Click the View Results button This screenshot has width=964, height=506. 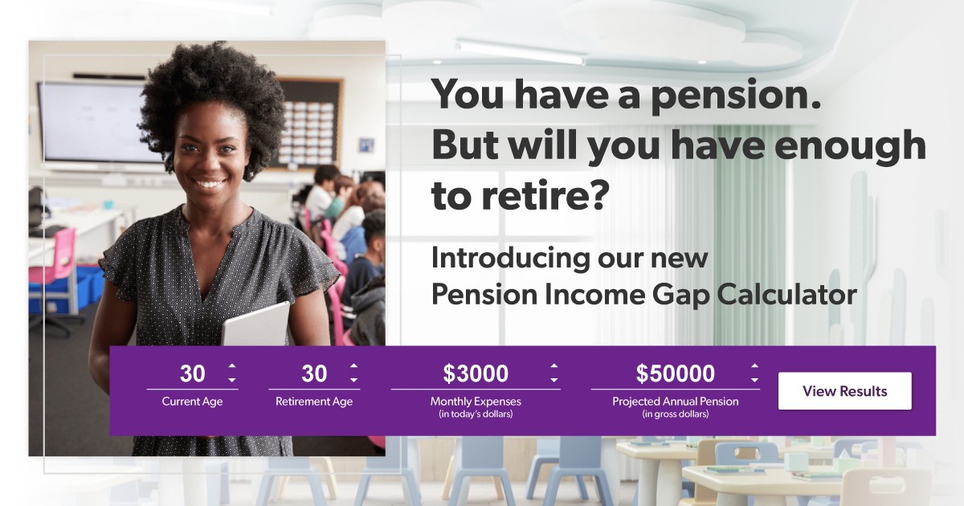(844, 391)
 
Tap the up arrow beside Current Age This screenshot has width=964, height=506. (232, 366)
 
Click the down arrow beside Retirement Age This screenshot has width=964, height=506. (353, 380)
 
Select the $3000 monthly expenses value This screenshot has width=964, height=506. (476, 373)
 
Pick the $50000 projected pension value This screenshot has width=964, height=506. (675, 373)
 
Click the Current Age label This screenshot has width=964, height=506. (192, 402)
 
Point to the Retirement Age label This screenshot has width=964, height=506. (314, 402)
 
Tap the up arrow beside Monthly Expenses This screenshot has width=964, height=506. (553, 366)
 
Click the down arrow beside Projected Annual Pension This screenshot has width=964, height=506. (754, 380)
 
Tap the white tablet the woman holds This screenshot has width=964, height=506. (256, 324)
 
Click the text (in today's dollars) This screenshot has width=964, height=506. (476, 414)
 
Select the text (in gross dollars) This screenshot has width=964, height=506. (675, 414)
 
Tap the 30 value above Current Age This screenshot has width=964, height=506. (192, 373)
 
